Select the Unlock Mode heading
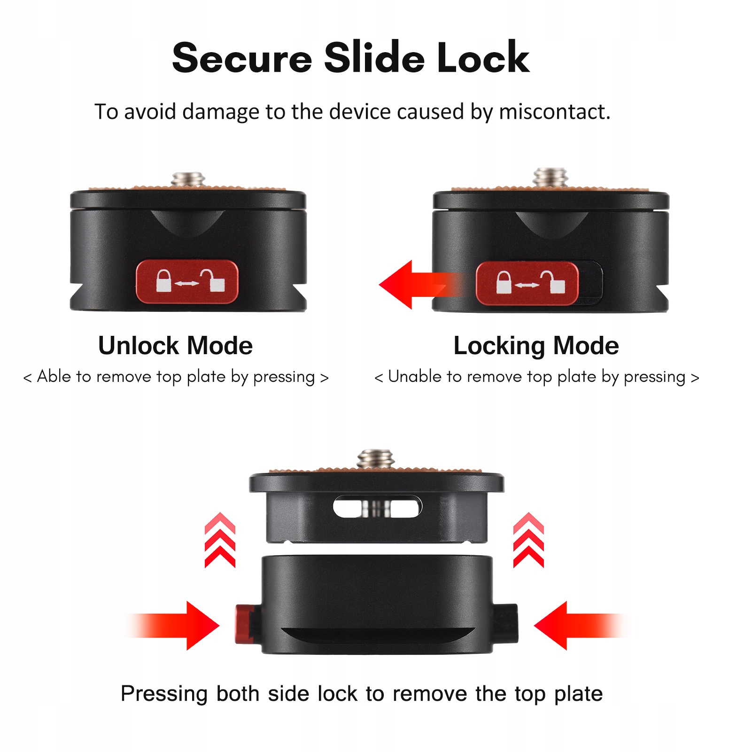coord(175,346)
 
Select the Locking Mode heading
coord(536,346)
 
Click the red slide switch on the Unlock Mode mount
coord(187,282)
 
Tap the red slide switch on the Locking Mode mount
coord(527,283)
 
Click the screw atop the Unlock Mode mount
coord(188,179)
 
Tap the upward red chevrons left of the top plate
coord(220,540)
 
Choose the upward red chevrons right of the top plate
coord(528,540)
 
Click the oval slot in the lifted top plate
coord(377,507)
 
